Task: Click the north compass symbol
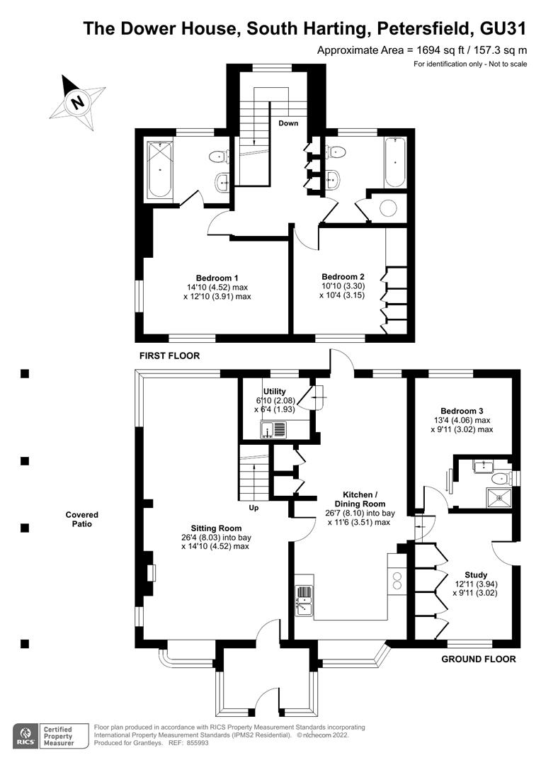[77, 102]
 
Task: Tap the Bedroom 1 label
[217, 278]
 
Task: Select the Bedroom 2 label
[343, 277]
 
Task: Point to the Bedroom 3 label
[462, 411]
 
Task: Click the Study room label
[476, 574]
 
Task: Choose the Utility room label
[274, 391]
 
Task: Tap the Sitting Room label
[216, 528]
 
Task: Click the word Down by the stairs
[288, 123]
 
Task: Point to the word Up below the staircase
[254, 508]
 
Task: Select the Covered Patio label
[82, 519]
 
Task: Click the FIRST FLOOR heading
[170, 356]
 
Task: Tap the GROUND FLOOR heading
[479, 659]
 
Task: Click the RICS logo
[25, 736]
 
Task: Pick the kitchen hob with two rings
[397, 579]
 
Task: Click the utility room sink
[274, 430]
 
